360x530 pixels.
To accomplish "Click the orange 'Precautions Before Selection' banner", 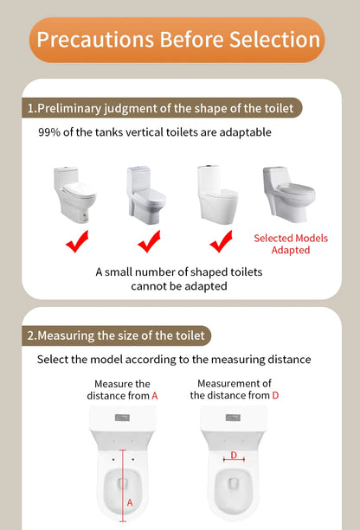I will pyautogui.click(x=179, y=40).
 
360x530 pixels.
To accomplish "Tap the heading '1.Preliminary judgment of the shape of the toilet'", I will pyautogui.click(x=164, y=108).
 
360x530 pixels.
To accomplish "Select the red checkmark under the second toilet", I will pyautogui.click(x=149, y=241).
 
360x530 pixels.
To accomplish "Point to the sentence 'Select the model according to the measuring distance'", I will pyautogui.click(x=174, y=359).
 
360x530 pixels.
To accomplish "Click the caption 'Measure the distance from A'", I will pyautogui.click(x=122, y=389).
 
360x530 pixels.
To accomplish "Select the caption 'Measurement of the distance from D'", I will pyautogui.click(x=235, y=389).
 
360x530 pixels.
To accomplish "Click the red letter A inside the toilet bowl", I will pyautogui.click(x=130, y=501).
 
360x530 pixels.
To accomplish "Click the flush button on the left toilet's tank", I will pyautogui.click(x=122, y=417).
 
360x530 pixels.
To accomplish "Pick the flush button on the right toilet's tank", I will pyautogui.click(x=234, y=417).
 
